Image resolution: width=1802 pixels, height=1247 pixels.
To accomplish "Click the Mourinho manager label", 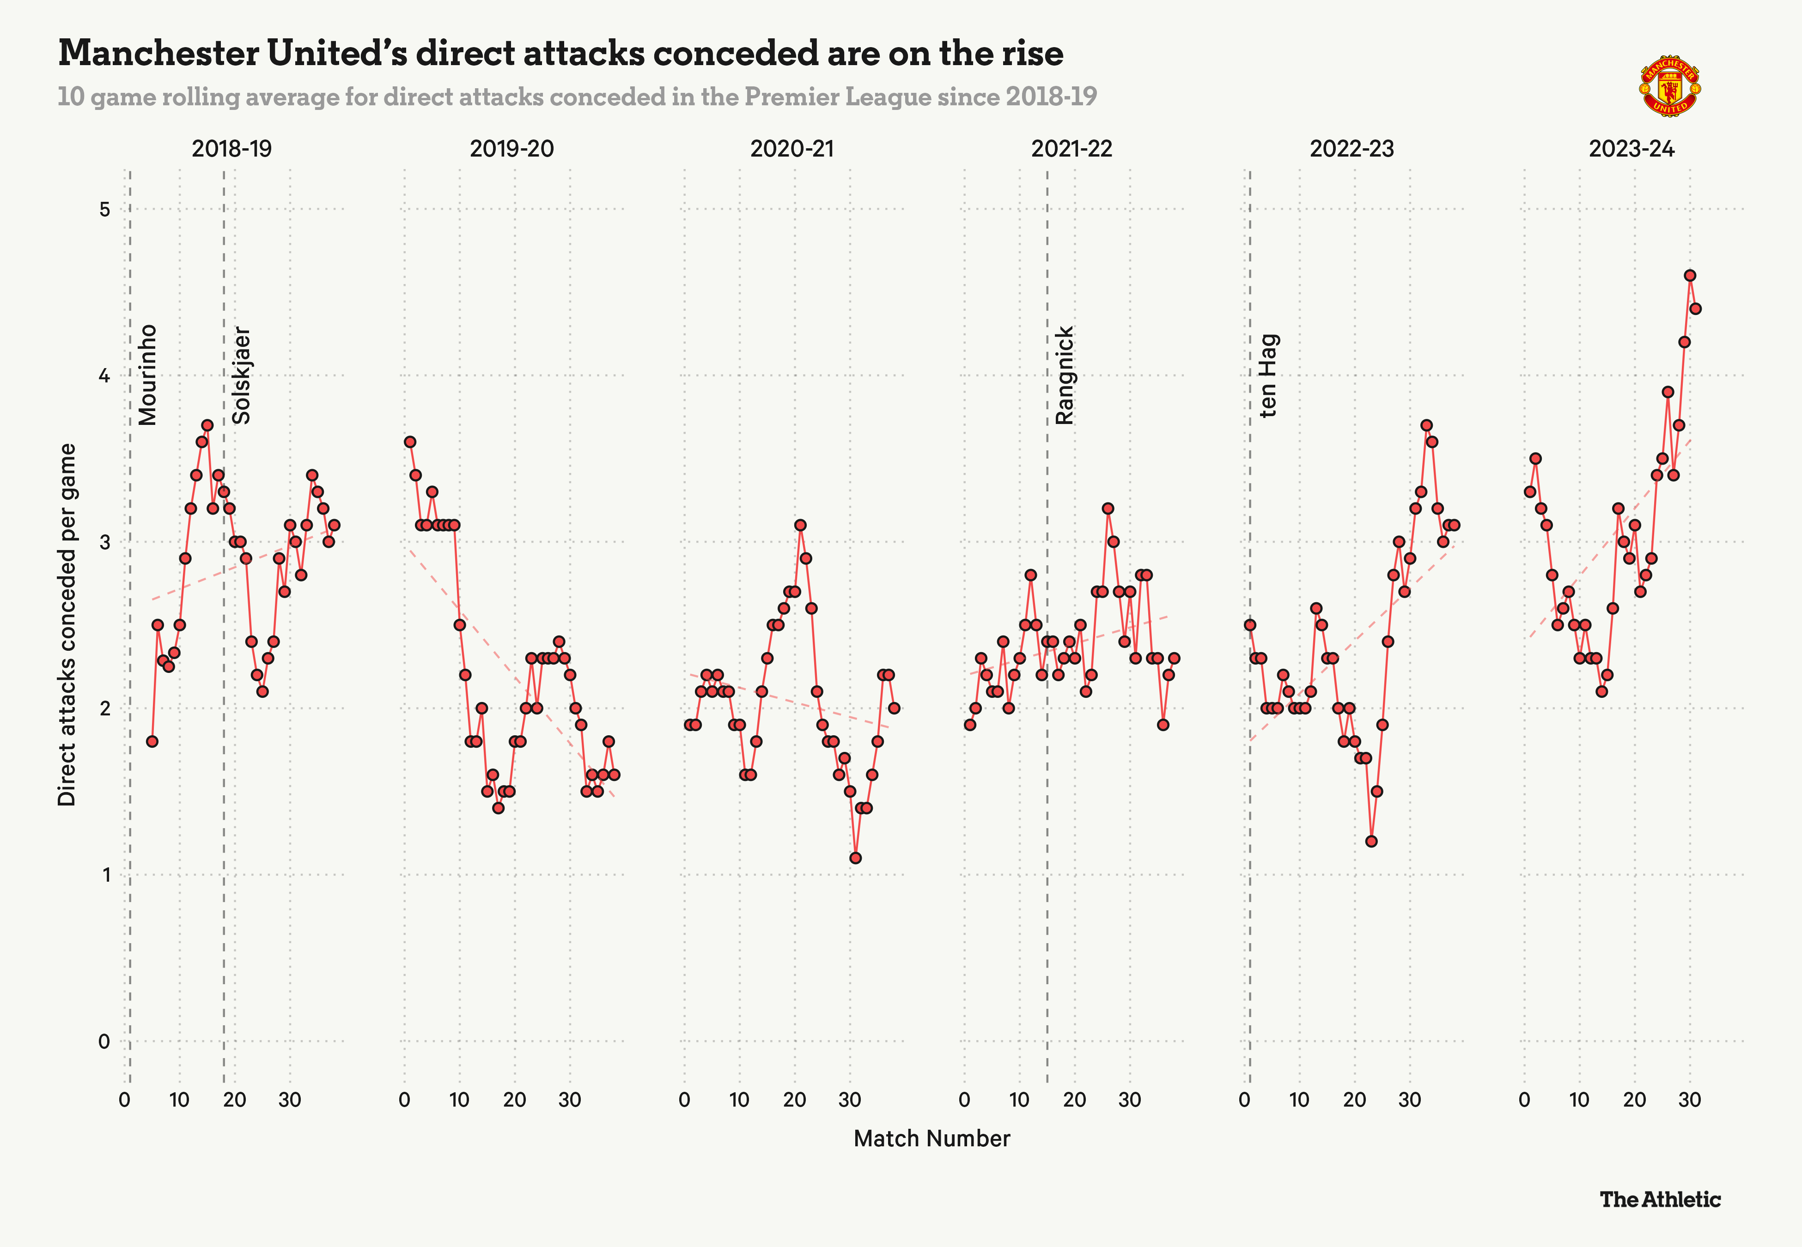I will tap(148, 375).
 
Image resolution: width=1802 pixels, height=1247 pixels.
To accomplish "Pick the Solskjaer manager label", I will tap(242, 375).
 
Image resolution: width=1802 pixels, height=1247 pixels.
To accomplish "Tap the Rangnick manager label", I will tap(1064, 375).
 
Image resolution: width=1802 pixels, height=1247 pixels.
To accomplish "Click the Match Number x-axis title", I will tap(931, 1138).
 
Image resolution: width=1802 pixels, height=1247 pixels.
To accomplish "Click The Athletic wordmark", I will tap(1660, 1199).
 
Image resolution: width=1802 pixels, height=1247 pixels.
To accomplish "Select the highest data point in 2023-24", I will tap(1689, 276).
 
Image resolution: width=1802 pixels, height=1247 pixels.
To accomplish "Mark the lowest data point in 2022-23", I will tap(1370, 841).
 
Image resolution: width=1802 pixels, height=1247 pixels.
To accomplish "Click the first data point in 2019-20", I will tap(409, 442).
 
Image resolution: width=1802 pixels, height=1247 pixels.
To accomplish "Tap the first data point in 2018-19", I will tap(152, 741).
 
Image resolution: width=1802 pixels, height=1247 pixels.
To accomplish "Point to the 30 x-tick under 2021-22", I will tap(1129, 1100).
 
